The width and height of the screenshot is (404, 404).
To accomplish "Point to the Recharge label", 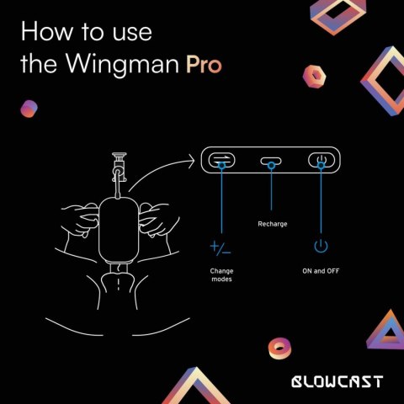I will pos(271,225).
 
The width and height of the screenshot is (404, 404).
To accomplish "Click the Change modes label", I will pos(221,274).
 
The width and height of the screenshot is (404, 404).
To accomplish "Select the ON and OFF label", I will pos(320,270).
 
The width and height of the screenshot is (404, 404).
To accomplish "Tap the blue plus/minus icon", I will pos(221,247).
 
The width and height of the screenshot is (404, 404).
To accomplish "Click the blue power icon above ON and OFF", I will pos(320,247).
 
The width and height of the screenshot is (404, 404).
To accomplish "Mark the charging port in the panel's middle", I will pos(271,160).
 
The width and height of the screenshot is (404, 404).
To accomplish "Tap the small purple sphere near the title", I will pos(29,108).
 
